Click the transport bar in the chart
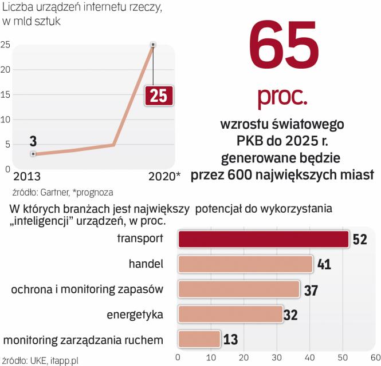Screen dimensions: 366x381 (264, 239)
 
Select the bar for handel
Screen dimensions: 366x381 (245, 264)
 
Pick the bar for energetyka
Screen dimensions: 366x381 (231, 314)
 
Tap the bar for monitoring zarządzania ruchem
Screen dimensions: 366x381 (199, 339)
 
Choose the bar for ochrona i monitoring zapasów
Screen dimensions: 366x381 (239, 289)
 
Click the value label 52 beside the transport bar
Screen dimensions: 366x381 (359, 240)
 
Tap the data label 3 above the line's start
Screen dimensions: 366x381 (34, 140)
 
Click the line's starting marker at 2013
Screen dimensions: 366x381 (34, 154)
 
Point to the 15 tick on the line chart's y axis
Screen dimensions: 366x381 (5, 94)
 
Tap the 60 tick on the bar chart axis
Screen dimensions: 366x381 (375, 357)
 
